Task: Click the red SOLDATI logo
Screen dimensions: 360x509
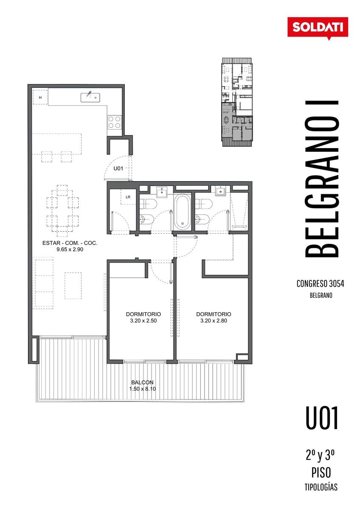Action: click(318, 28)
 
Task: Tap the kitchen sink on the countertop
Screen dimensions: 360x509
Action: click(90, 98)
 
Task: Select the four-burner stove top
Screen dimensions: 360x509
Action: click(114, 122)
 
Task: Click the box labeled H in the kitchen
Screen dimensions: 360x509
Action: click(40, 97)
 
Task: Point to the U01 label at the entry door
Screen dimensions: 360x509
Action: click(118, 168)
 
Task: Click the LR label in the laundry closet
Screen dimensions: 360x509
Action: click(128, 197)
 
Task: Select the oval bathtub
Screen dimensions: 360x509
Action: click(183, 212)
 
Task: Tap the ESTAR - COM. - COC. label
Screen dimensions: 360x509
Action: click(70, 243)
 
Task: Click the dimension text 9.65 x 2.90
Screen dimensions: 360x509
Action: click(70, 249)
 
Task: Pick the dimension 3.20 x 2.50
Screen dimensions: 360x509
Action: click(143, 321)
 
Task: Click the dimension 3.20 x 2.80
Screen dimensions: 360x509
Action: click(214, 321)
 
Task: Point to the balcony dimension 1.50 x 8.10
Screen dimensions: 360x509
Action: click(143, 389)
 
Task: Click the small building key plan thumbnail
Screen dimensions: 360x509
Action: click(237, 102)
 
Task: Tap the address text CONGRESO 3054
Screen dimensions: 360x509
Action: click(320, 284)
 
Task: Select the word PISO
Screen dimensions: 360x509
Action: click(321, 473)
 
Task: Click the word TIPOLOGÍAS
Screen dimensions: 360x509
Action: click(321, 487)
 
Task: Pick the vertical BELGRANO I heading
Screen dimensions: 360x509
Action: click(321, 179)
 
